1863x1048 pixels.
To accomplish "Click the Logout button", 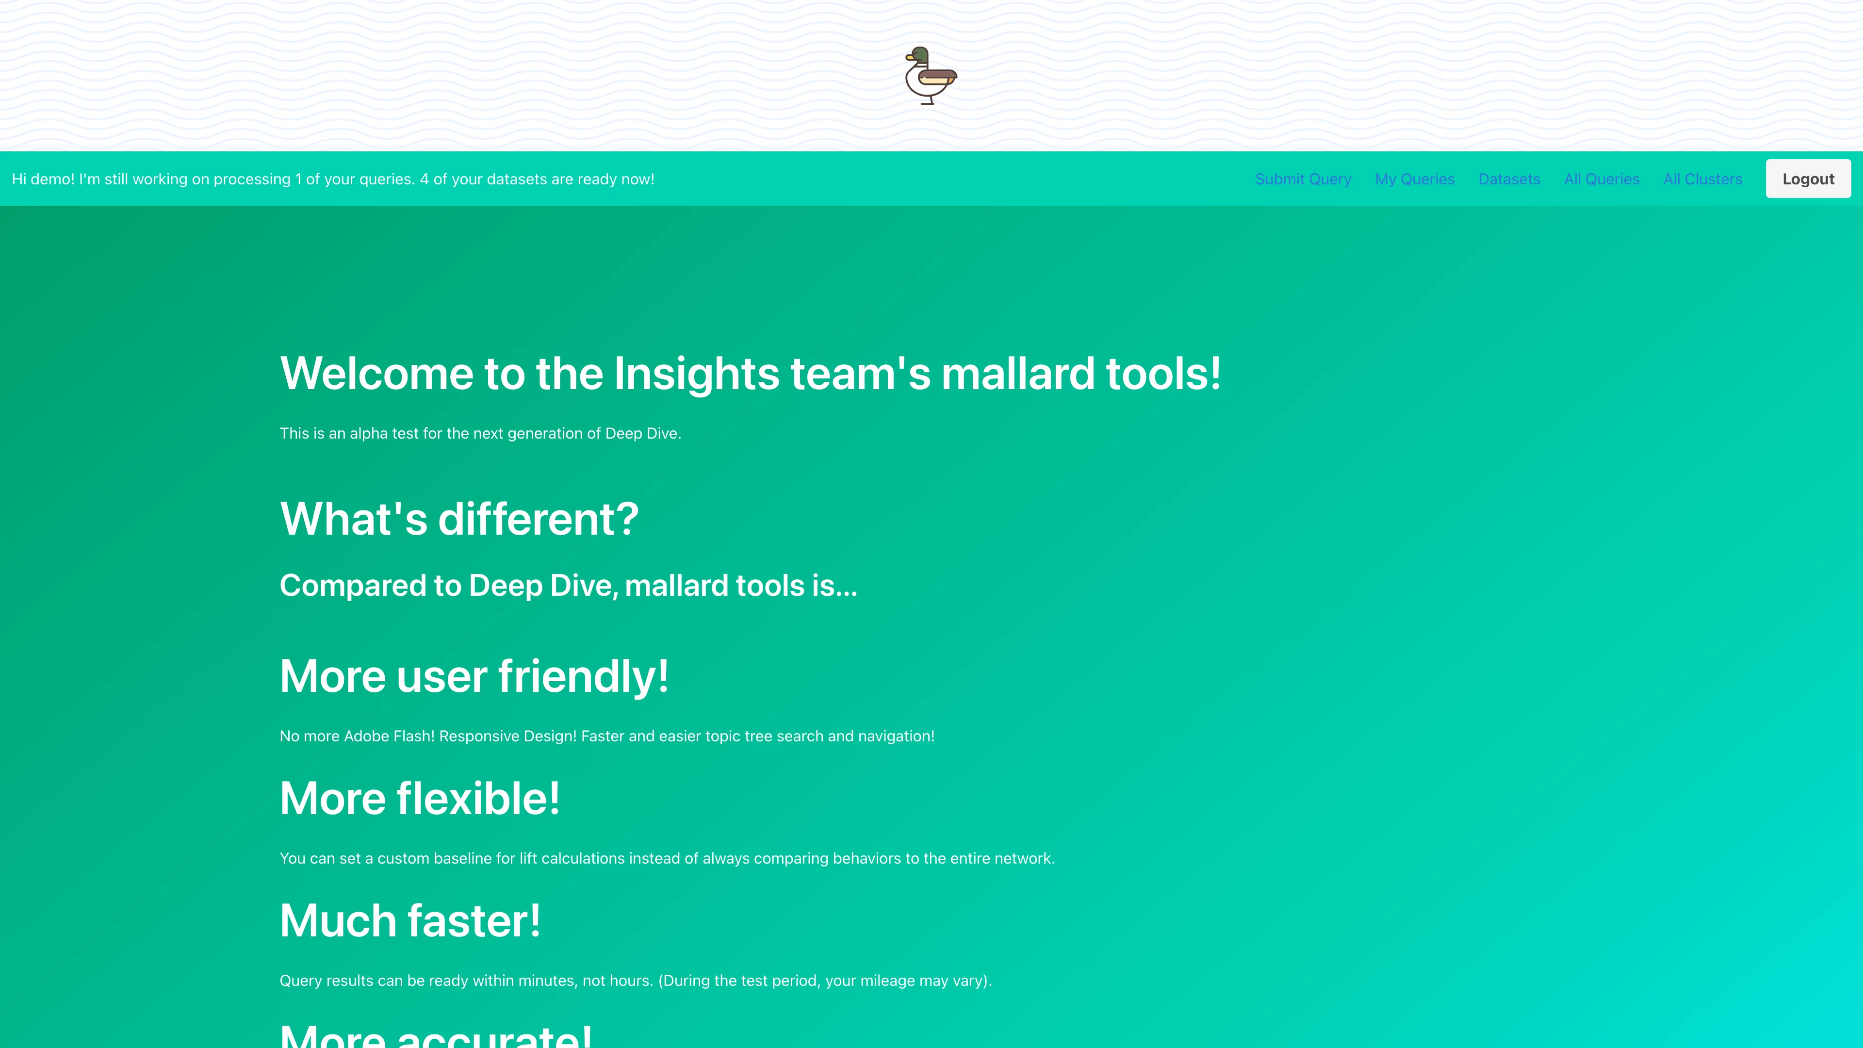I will [x=1807, y=179].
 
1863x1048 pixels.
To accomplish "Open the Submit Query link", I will [x=1303, y=179].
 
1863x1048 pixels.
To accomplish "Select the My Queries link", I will [x=1414, y=179].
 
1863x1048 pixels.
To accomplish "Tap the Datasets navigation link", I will [x=1509, y=179].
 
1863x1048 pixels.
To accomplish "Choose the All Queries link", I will [x=1601, y=179].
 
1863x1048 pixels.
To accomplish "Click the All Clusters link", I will [x=1702, y=179].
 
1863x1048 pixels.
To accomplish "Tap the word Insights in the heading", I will [x=696, y=374].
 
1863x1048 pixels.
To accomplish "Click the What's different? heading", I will [x=458, y=519].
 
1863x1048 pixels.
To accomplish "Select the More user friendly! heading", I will [x=474, y=676].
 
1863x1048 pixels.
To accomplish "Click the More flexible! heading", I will [x=420, y=799].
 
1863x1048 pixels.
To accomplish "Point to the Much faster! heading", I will [x=409, y=921].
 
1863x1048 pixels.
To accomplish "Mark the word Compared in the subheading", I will [x=352, y=585].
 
